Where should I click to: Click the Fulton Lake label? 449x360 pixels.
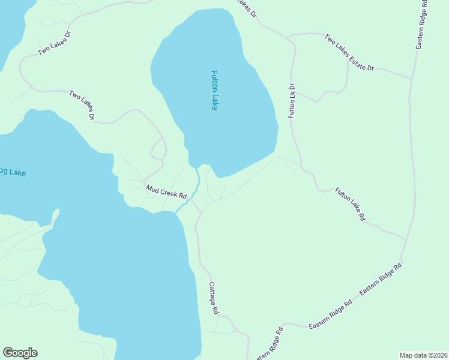click(214, 90)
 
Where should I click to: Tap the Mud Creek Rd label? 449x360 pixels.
click(167, 192)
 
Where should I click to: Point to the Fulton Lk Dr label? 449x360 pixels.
click(292, 100)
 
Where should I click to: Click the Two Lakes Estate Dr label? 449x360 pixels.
click(349, 53)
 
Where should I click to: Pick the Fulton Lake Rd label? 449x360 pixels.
click(350, 205)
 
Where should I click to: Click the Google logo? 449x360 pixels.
click(20, 353)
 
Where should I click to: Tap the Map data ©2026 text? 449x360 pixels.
click(423, 355)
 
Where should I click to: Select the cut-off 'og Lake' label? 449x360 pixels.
click(13, 173)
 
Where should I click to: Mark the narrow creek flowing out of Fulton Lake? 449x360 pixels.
click(196, 180)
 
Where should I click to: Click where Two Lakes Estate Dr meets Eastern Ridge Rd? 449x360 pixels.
click(412, 77)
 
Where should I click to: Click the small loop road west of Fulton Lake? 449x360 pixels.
click(159, 148)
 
